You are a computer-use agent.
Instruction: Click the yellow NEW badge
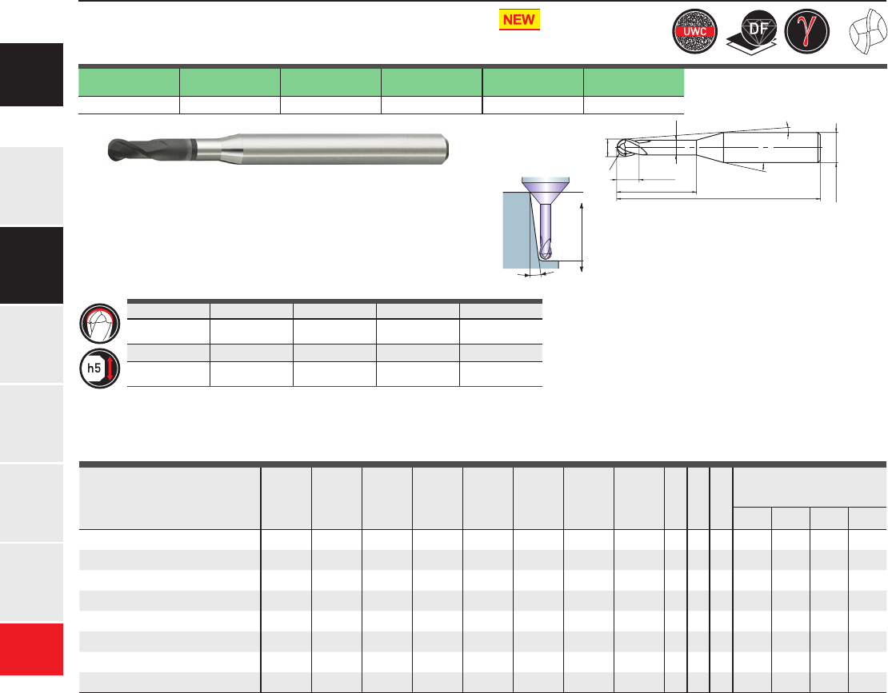tap(519, 20)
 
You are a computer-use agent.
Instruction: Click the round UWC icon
tap(695, 31)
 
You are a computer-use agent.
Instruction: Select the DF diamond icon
tap(752, 32)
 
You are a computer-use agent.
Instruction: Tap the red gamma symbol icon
tap(806, 31)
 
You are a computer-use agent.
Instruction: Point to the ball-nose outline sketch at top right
tap(868, 32)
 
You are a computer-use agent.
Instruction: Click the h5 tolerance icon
tap(100, 368)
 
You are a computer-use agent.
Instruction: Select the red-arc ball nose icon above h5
tap(100, 324)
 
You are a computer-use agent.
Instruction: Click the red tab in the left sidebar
tap(32, 649)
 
